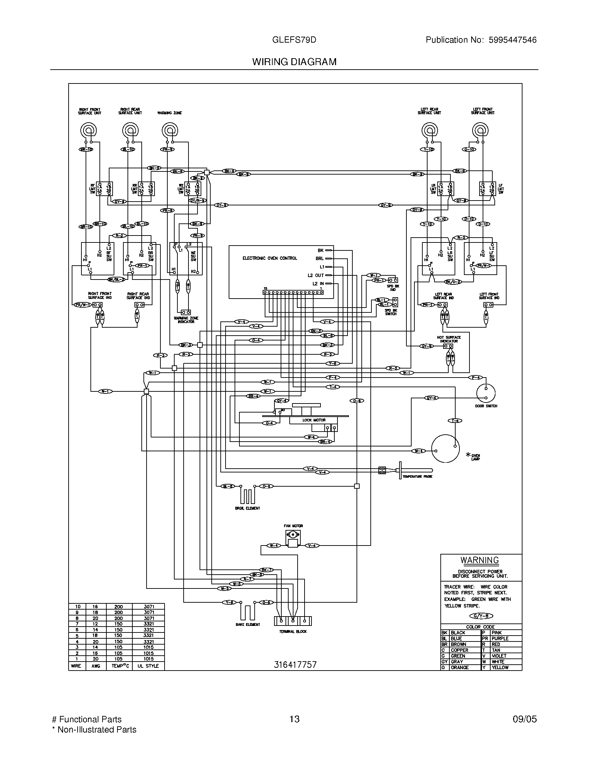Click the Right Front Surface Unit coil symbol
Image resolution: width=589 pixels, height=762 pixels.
point(88,131)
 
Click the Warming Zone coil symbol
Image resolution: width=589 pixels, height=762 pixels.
point(170,131)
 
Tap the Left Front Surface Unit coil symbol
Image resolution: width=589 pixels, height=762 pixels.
point(480,131)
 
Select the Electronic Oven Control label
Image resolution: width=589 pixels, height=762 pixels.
point(270,258)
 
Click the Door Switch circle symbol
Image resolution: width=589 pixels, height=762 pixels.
point(486,393)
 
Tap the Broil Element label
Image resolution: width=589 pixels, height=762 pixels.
point(247,508)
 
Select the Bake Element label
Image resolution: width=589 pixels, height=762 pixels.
point(248,624)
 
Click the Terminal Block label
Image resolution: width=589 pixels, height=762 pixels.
point(293,631)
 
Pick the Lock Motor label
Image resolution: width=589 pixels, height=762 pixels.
point(314,420)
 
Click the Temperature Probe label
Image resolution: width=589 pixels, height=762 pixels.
point(417,476)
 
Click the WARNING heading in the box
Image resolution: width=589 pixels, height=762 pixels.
point(480,560)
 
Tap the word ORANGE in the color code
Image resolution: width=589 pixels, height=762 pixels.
point(459,667)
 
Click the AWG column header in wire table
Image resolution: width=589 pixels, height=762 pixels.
point(96,666)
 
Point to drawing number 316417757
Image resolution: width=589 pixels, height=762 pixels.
point(295,664)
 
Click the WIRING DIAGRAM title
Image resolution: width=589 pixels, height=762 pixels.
point(294,62)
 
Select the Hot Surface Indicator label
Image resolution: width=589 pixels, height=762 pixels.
point(449,339)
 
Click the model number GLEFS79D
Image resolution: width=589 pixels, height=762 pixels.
point(294,40)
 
